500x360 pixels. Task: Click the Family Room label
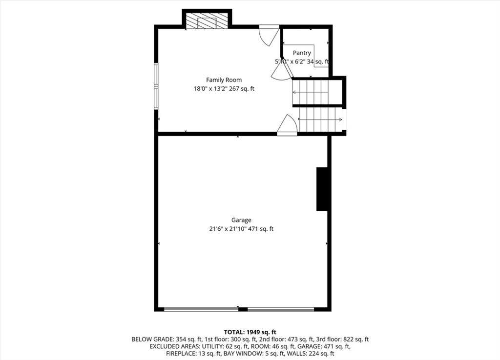224,80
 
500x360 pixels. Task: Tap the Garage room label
241,220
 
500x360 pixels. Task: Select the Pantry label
302,53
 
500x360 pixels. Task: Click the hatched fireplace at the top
207,21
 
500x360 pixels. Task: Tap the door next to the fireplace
269,35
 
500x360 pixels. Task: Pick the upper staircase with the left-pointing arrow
311,92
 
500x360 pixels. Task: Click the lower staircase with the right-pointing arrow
320,120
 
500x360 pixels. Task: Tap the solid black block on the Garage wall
322,189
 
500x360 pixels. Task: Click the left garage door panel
201,309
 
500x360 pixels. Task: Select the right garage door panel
281,309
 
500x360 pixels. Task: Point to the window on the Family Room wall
156,86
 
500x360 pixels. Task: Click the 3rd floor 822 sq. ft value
356,340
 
